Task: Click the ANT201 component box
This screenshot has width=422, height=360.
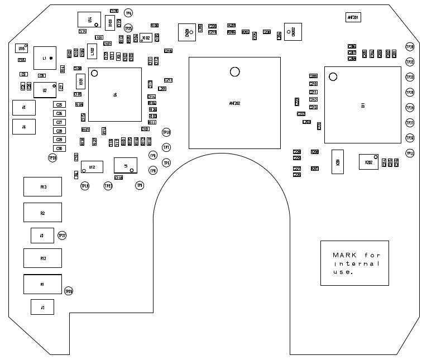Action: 353,17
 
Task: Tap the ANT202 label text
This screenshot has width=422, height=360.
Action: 234,103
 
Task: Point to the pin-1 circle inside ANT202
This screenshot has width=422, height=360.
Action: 235,71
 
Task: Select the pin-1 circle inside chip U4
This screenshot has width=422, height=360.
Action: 94,73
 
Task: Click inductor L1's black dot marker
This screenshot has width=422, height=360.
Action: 50,58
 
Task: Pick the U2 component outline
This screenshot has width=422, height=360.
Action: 44,89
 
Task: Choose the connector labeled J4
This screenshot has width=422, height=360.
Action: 24,127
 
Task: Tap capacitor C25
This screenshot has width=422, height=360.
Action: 59,105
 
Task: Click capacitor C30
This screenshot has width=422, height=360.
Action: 59,148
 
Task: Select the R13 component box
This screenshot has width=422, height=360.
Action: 42,187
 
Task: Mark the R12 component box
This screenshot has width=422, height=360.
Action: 42,258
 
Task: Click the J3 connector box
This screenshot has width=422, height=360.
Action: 42,236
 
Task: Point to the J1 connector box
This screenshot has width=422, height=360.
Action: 42,307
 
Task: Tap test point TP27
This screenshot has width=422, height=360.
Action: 62,236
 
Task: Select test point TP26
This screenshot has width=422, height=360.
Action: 69,291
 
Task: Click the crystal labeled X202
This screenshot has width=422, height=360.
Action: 368,162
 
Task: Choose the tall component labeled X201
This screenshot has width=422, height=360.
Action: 338,162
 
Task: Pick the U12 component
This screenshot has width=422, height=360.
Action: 92,167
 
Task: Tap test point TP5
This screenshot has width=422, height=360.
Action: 166,162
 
